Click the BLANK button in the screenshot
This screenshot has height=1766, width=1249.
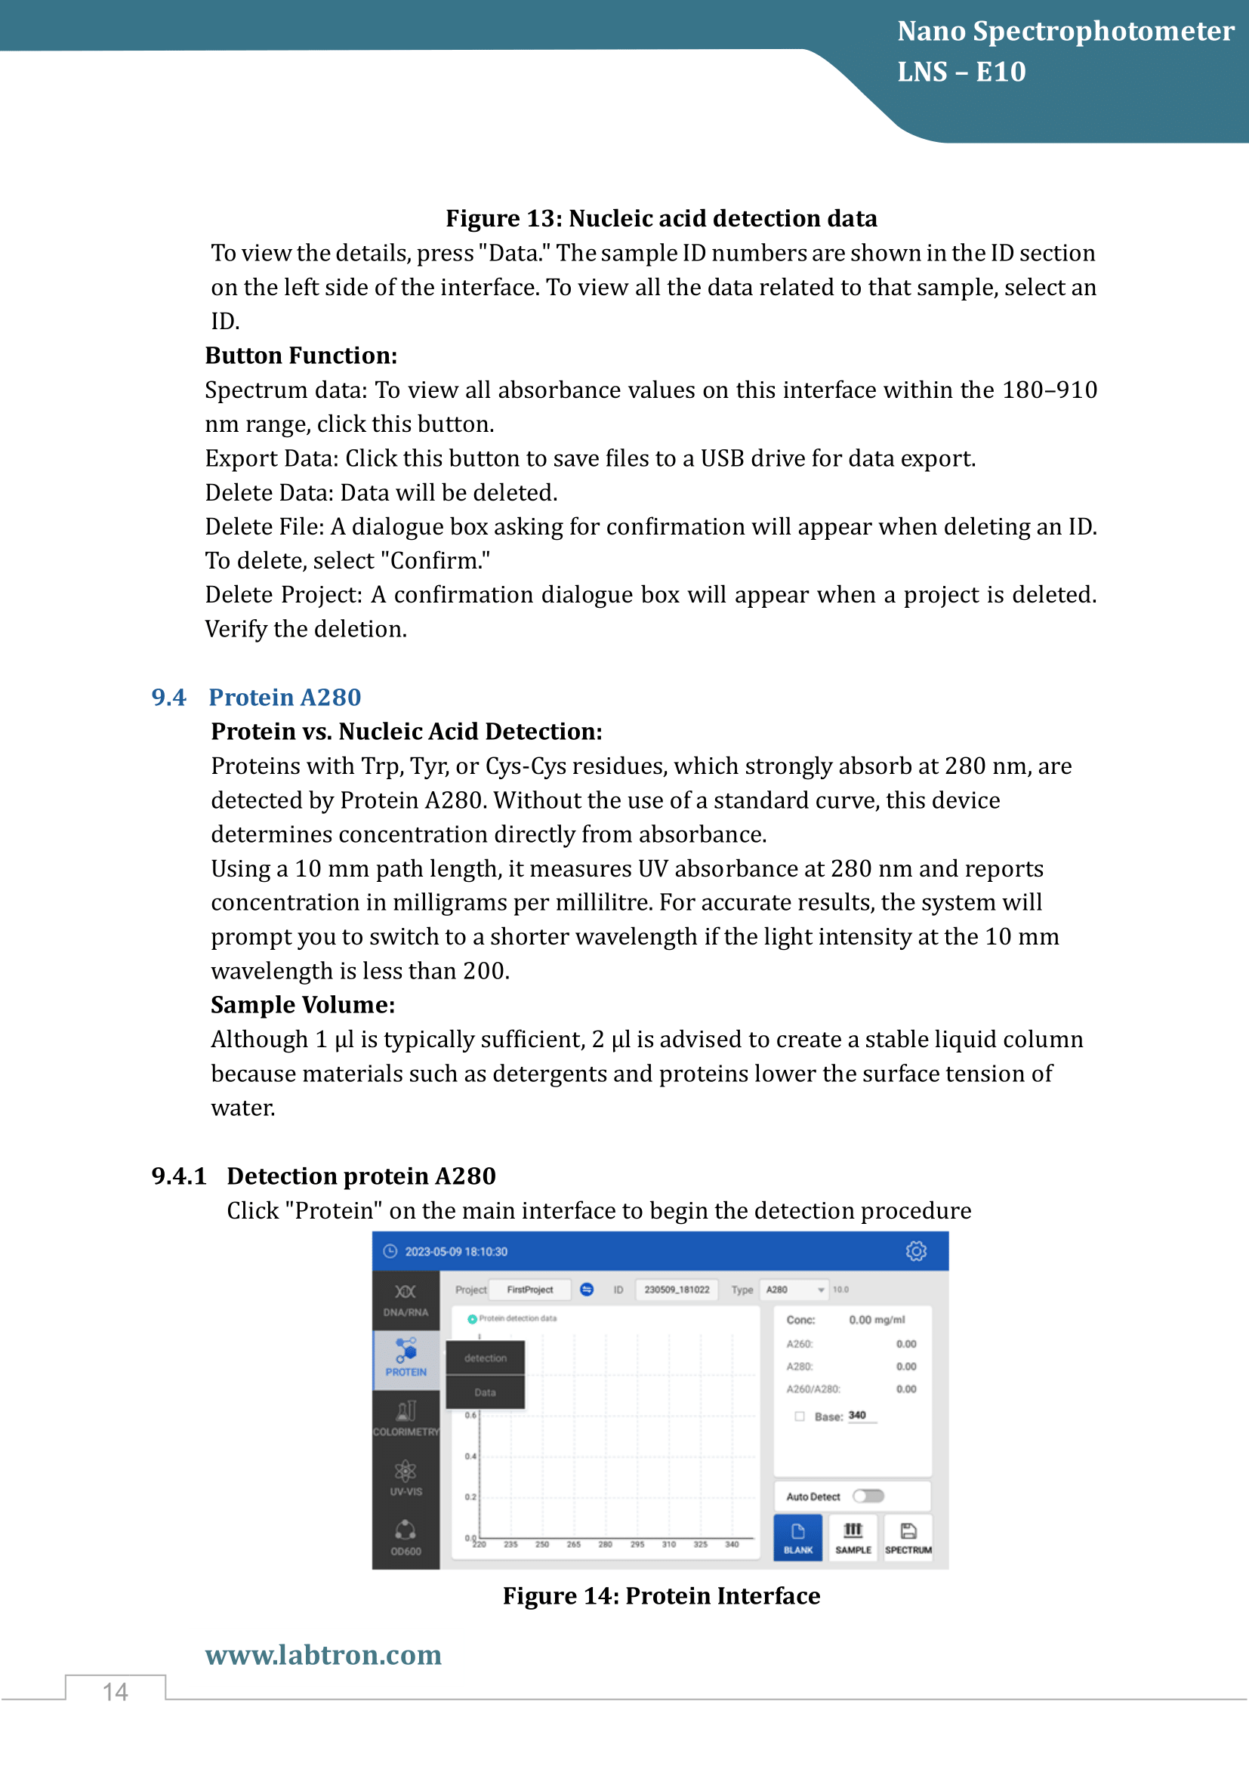tap(797, 1536)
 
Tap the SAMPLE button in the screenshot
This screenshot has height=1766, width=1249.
tap(853, 1536)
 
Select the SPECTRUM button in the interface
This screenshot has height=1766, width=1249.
tap(908, 1536)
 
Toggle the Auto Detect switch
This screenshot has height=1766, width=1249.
tap(868, 1496)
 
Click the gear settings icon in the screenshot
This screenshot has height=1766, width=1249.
tap(916, 1251)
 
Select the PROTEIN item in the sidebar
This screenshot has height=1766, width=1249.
tap(406, 1358)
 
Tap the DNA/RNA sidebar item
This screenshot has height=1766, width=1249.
tap(406, 1299)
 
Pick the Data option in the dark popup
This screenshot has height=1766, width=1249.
tap(486, 1392)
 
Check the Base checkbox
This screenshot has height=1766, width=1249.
tap(800, 1416)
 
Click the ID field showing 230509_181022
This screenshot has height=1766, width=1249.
tap(677, 1290)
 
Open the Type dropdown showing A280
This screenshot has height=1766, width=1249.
tap(794, 1290)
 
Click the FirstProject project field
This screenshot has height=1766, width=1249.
tap(530, 1290)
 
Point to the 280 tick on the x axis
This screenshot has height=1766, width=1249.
tap(606, 1545)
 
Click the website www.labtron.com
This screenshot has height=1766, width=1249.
tap(323, 1654)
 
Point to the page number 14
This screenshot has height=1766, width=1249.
tap(116, 1691)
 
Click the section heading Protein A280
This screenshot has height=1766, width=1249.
tap(285, 697)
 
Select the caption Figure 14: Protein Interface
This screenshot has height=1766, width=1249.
tap(662, 1596)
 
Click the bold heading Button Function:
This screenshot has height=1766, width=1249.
tap(301, 356)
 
